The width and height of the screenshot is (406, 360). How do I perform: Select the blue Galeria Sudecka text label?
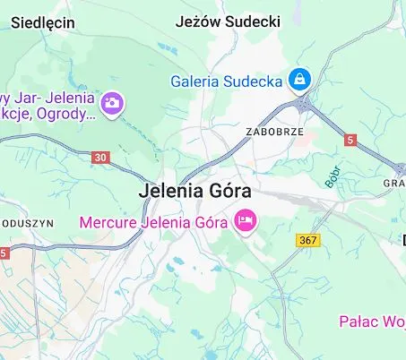point(227,81)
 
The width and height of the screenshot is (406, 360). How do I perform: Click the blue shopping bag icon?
point(298,81)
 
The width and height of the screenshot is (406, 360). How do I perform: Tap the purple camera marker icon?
point(112,103)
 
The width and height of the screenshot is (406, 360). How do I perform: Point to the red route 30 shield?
point(99,157)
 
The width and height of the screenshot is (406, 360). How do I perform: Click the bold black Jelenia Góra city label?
point(195,192)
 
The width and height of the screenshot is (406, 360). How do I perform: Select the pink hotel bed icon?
point(243,219)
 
